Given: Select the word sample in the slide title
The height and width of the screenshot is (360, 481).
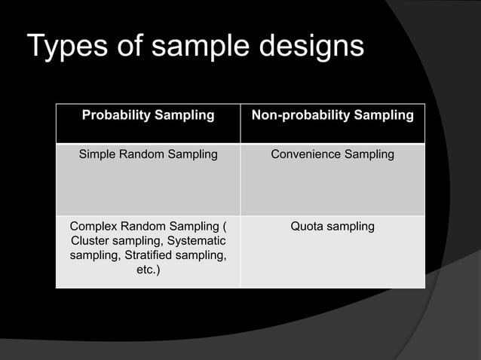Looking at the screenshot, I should point(197,47).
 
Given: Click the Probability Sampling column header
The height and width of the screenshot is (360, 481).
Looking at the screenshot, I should point(148,115).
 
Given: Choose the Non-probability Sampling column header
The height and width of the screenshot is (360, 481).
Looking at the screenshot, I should point(332,115).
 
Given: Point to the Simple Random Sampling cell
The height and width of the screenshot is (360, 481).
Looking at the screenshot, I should point(148,154).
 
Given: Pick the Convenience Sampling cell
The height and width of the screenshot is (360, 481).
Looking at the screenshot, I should point(332,154).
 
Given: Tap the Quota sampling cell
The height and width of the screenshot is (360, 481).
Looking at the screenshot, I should point(332,226).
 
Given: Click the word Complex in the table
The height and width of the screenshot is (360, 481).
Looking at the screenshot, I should point(93,226).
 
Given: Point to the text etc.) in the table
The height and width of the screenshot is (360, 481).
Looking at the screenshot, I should point(148,270).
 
